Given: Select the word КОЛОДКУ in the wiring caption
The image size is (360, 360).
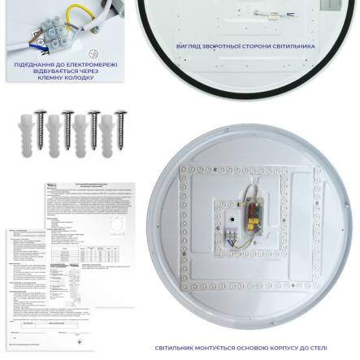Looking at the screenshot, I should (79, 77).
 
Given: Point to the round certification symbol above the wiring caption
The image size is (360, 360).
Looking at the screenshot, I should (93, 54).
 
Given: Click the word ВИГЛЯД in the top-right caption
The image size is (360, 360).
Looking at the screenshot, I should (189, 46).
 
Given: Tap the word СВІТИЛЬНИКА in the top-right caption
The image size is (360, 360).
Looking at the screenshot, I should (293, 46).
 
